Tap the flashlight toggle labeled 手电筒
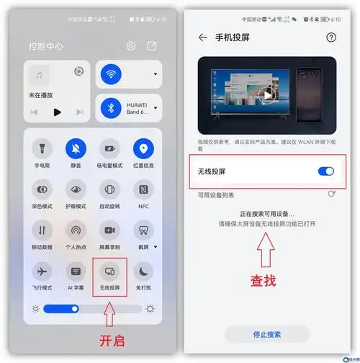tap(42, 149)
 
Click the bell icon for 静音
tap(76, 149)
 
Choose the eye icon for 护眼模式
tap(76, 189)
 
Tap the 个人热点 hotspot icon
tap(76, 230)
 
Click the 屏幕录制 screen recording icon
tap(110, 230)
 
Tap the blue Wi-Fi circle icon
tap(111, 73)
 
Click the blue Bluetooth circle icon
tap(111, 107)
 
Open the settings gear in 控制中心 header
tap(131, 46)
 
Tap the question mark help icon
tap(331, 37)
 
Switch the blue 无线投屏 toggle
tap(325, 171)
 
